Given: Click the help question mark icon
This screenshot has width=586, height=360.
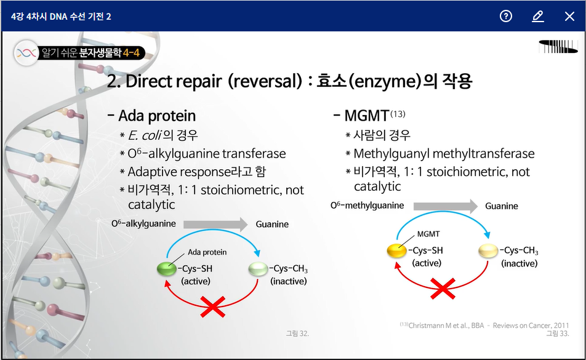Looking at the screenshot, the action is click(505, 16).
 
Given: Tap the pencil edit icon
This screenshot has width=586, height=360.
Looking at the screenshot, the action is click(538, 17).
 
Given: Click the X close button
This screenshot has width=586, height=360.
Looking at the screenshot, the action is click(569, 17).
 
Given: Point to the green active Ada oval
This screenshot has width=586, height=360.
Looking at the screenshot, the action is click(167, 269).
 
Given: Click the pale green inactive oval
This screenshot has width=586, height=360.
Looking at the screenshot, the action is click(259, 269).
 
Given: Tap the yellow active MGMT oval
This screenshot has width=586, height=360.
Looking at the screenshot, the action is click(396, 250).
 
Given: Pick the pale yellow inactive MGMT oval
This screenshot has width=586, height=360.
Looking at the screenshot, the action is click(488, 250).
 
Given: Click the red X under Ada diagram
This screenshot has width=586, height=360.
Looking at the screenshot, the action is click(212, 307).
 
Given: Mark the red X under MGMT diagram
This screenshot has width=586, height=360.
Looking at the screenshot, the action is click(443, 289).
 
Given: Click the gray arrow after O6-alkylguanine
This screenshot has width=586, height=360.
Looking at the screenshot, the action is click(215, 225).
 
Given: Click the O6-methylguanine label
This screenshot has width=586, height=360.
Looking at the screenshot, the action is click(367, 206).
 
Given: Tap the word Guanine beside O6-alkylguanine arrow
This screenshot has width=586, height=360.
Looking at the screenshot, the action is click(272, 224).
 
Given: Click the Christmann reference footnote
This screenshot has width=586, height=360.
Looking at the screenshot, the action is click(484, 326).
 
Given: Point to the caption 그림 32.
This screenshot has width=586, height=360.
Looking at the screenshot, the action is click(297, 334).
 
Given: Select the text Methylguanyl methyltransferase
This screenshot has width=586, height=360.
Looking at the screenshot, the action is click(444, 153).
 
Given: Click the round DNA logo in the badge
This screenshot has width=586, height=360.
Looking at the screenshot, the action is click(26, 53).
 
